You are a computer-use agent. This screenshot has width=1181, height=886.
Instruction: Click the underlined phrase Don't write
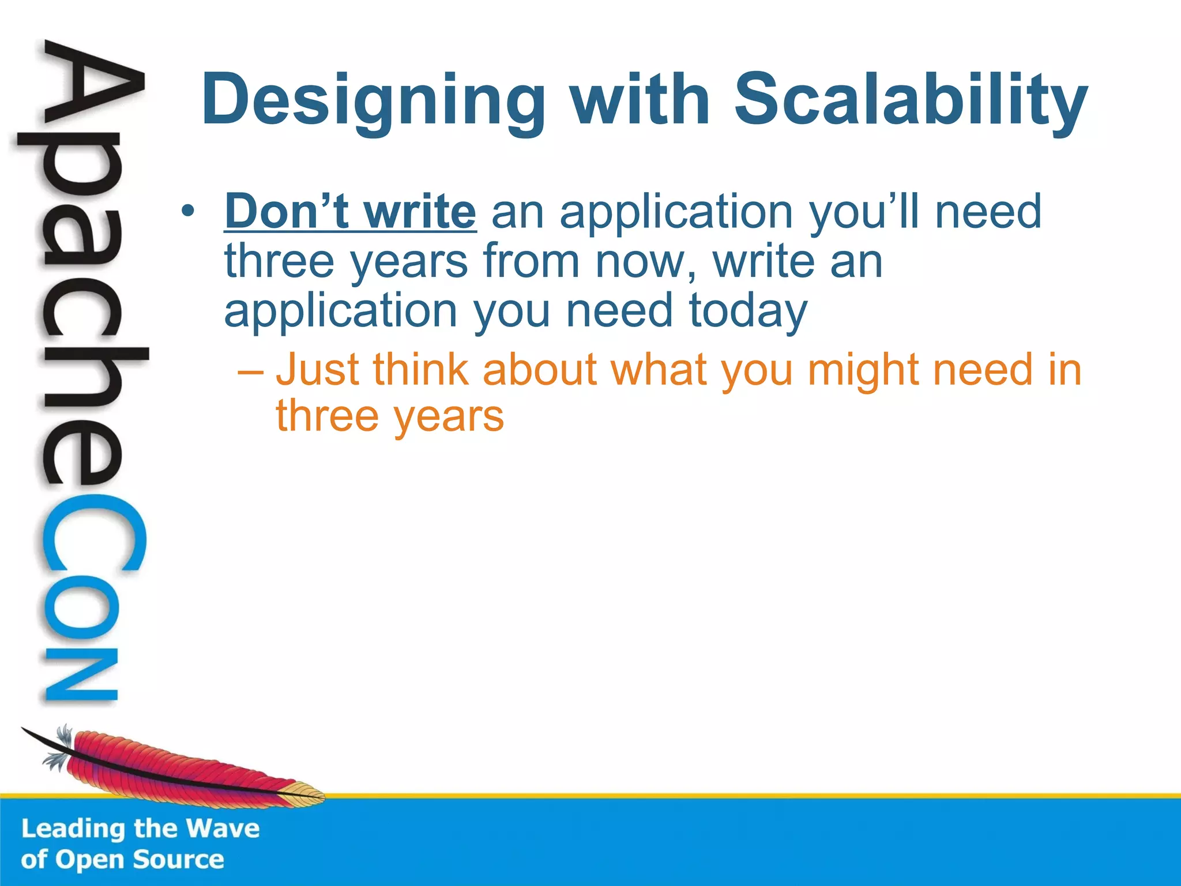click(x=350, y=212)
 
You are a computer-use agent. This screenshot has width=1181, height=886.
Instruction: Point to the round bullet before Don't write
click(x=186, y=212)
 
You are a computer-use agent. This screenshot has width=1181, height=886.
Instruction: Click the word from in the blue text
click(x=531, y=261)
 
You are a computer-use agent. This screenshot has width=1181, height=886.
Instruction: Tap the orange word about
click(x=539, y=370)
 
